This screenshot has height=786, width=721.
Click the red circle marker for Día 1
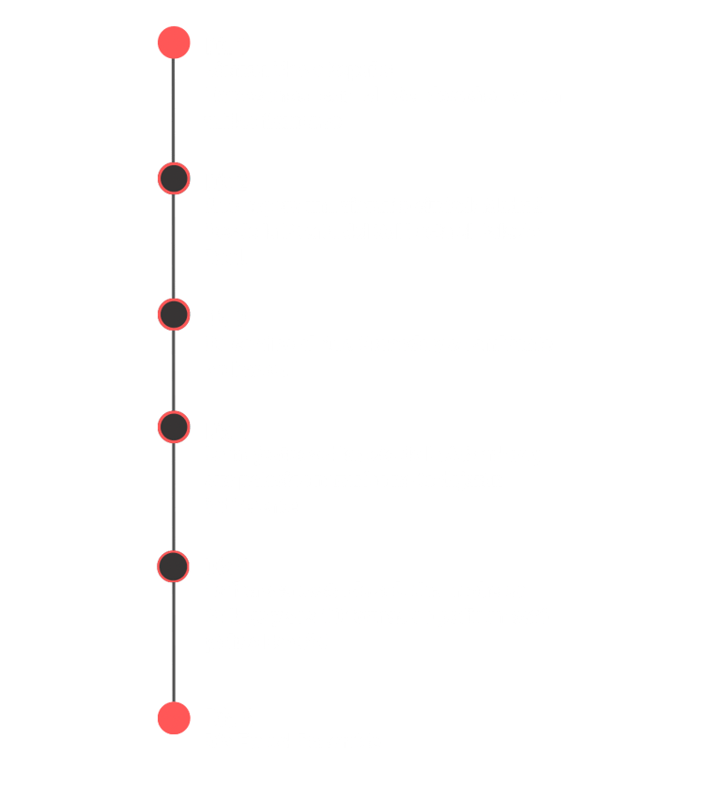pos(174,42)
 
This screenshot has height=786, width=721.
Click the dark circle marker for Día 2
pos(174,178)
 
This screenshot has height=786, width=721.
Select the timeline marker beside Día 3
pos(174,314)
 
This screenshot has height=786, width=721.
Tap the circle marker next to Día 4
pos(174,427)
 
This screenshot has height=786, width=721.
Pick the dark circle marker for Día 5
pos(174,566)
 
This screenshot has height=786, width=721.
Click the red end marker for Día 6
pos(174,717)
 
